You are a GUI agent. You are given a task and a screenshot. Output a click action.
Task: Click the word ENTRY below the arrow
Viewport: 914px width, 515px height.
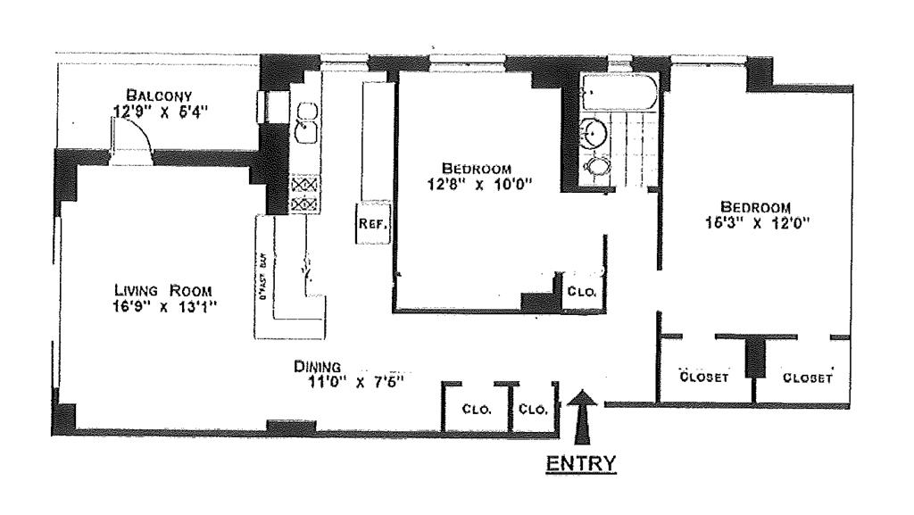pyautogui.click(x=581, y=462)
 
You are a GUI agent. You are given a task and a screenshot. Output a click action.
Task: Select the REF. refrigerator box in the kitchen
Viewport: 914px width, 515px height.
pyautogui.click(x=372, y=225)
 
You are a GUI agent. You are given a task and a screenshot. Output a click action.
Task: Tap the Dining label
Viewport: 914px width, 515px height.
pyautogui.click(x=319, y=366)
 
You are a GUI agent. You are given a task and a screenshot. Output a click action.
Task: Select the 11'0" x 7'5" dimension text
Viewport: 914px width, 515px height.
pyautogui.click(x=351, y=381)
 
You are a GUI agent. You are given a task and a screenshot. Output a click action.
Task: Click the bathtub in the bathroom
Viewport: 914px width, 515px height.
pyautogui.click(x=619, y=90)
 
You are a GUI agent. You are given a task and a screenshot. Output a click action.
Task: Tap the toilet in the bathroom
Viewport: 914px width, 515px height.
pyautogui.click(x=597, y=167)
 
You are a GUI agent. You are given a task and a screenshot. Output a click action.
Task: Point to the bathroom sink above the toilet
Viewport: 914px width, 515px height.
pyautogui.click(x=595, y=133)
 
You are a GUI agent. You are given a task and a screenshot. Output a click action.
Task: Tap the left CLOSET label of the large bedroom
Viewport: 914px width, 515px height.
pyautogui.click(x=705, y=377)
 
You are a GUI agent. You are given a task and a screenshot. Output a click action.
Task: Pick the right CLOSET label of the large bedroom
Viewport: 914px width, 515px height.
pyautogui.click(x=807, y=377)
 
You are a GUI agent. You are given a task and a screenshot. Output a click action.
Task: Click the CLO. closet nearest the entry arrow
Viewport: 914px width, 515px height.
pyautogui.click(x=533, y=410)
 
